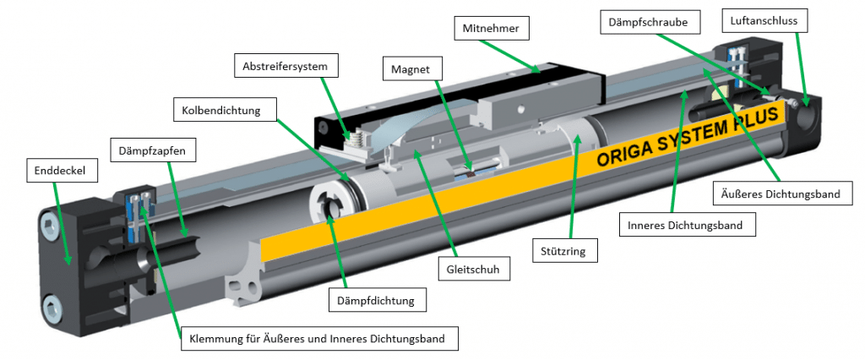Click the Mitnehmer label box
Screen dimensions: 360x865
(x=491, y=30)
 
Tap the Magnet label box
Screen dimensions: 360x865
(x=410, y=68)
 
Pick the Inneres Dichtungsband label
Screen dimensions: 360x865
(x=684, y=226)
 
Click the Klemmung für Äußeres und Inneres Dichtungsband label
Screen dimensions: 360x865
(x=319, y=339)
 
